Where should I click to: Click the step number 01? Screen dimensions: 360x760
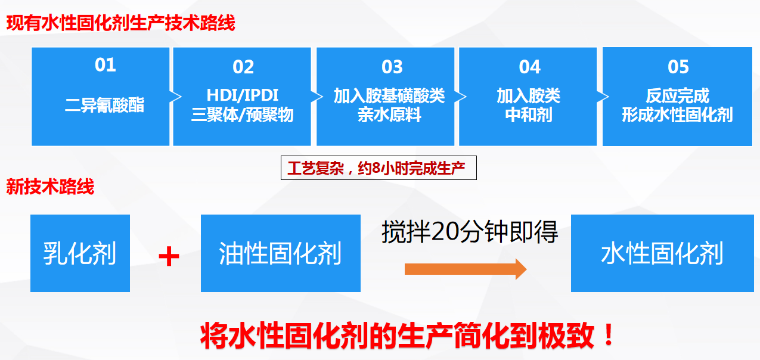pos(105,65)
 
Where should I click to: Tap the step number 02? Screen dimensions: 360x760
pos(243,67)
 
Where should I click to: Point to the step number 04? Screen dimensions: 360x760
pos(529,67)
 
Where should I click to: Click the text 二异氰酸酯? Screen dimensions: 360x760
pos(105,105)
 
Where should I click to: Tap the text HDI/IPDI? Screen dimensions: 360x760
pos(243,95)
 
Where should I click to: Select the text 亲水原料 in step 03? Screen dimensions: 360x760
pos(389,115)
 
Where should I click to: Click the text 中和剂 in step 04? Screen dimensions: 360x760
pos(529,115)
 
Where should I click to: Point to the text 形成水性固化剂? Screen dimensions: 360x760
pos(677,115)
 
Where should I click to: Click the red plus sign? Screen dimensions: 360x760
pos(169,257)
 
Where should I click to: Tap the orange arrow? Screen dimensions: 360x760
pos(465,269)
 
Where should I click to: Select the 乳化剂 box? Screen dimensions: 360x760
pos(80,253)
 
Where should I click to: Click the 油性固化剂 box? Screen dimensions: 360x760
pos(280,253)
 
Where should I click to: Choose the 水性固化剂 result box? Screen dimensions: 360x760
pos(662,253)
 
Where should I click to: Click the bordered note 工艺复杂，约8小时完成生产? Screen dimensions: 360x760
pos(379,169)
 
